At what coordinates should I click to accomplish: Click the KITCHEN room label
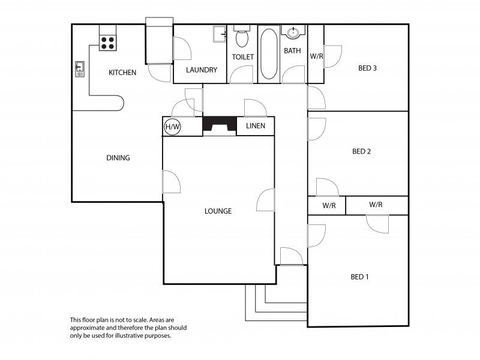122,73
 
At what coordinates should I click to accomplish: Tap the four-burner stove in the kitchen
107,43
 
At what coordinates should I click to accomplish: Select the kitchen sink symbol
80,69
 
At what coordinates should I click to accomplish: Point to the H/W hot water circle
173,127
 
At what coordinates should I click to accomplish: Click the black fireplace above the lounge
220,124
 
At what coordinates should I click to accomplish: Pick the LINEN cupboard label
256,126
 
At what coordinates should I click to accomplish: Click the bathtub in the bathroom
269,53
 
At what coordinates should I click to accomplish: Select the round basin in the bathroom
293,32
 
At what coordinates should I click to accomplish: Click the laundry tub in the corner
220,34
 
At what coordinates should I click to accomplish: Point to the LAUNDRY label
202,70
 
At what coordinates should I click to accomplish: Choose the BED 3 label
367,68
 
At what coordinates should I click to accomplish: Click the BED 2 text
362,151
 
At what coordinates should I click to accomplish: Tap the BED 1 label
359,277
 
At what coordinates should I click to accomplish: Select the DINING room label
118,158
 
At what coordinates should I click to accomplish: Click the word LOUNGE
218,211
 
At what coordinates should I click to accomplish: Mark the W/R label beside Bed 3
316,56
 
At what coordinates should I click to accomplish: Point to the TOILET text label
243,57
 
